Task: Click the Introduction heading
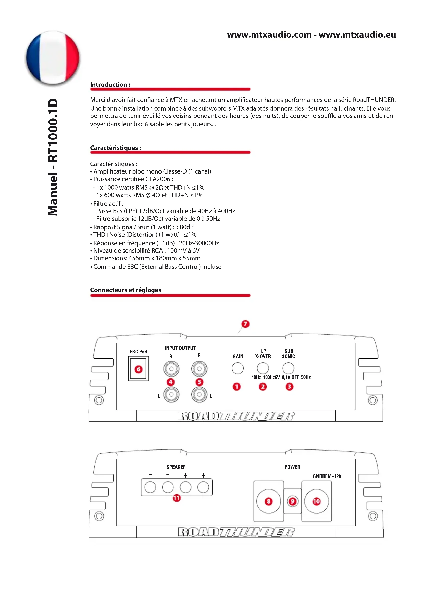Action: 110,85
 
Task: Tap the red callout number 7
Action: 245,324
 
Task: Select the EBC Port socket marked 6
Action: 139,369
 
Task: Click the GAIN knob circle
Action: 238,368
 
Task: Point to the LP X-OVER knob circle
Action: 263,368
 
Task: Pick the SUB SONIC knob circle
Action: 288,368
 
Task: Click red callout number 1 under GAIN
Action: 237,387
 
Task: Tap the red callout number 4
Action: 171,382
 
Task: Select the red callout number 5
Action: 199,382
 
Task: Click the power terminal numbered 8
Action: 268,501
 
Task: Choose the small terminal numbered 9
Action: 292,501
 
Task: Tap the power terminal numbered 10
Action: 316,501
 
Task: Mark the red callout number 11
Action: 177,498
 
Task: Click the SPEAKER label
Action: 176,467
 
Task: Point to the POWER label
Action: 292,467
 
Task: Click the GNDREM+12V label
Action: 327,476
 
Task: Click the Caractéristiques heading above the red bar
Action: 115,148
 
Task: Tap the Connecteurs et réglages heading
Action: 126,290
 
